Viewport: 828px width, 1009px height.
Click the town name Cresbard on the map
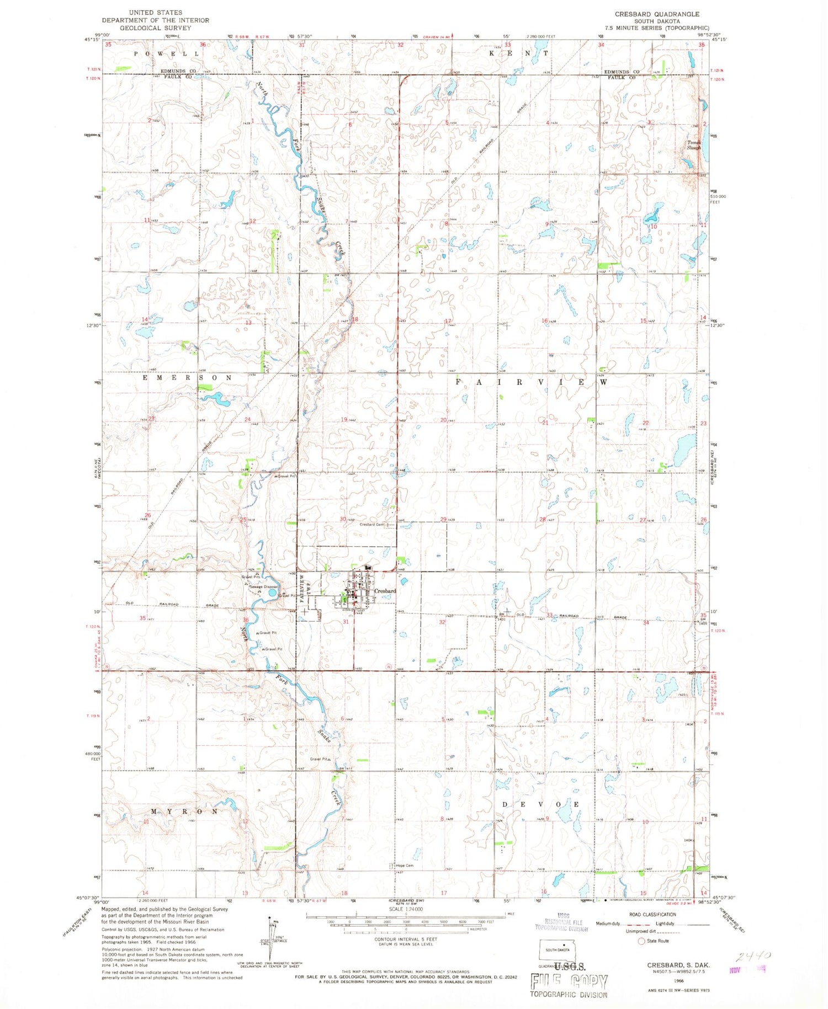[385, 591]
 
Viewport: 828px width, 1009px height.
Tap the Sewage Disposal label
[263, 586]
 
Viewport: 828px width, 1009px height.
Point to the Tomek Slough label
[693, 145]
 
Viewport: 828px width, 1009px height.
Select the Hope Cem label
[405, 866]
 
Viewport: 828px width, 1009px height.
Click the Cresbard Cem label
[371, 525]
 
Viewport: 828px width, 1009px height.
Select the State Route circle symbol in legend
[641, 941]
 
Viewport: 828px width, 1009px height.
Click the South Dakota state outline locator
[557, 948]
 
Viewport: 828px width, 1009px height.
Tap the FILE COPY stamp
[569, 982]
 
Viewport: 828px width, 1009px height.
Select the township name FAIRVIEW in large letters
[532, 382]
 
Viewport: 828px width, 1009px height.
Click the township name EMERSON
[188, 378]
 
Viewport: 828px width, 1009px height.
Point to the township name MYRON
[177, 812]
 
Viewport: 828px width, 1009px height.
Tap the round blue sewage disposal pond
[272, 593]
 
